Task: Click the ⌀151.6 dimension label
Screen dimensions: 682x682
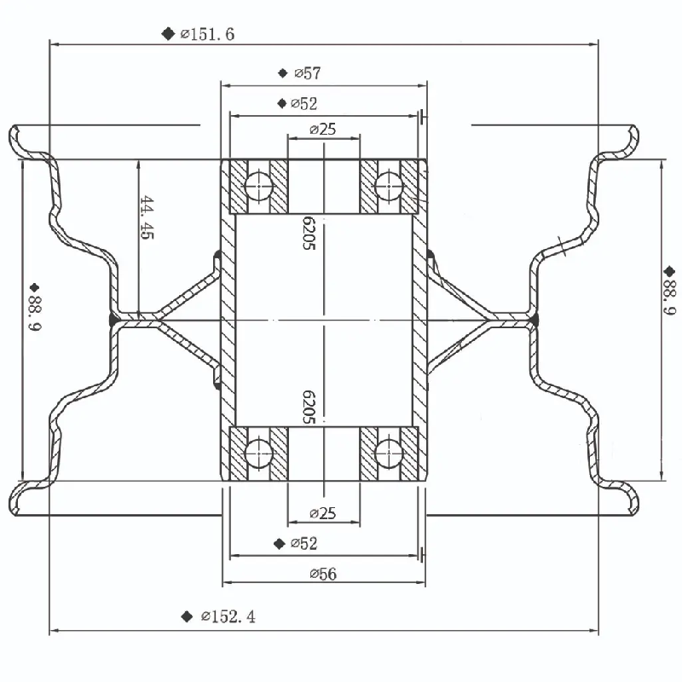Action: click(x=207, y=34)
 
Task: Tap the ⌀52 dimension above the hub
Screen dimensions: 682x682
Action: click(x=304, y=104)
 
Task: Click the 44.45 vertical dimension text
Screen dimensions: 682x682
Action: click(x=147, y=218)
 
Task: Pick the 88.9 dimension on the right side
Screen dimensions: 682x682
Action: click(x=670, y=298)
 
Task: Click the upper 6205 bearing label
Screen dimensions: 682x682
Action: click(x=309, y=233)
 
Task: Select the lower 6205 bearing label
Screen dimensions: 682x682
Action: click(x=309, y=407)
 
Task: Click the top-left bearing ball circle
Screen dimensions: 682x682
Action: click(x=257, y=185)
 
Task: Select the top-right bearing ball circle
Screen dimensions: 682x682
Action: click(x=389, y=185)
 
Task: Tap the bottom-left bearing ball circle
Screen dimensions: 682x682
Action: click(x=257, y=453)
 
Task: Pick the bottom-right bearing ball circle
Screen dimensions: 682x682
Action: click(x=389, y=453)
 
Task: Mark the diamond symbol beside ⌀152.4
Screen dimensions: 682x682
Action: click(x=187, y=616)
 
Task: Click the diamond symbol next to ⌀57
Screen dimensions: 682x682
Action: click(x=282, y=73)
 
